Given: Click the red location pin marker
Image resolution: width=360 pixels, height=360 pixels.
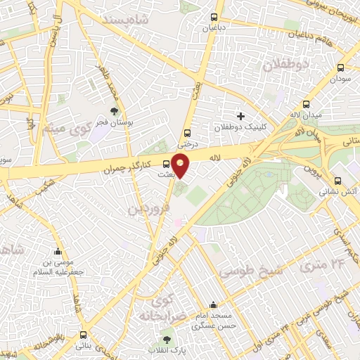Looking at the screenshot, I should pyautogui.click(x=181, y=165).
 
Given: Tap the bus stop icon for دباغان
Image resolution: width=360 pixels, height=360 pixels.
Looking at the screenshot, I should pyautogui.click(x=213, y=18).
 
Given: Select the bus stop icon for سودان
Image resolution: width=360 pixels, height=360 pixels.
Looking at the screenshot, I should pyautogui.click(x=340, y=68).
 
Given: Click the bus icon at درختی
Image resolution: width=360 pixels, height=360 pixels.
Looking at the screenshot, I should pyautogui.click(x=187, y=132).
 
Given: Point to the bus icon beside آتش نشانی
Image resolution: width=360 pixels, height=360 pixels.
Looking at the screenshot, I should pyautogui.click(x=337, y=179).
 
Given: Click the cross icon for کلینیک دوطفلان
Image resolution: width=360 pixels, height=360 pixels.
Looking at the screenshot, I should pyautogui.click(x=240, y=115).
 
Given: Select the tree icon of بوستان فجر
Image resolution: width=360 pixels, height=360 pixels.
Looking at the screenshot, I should pyautogui.click(x=114, y=111).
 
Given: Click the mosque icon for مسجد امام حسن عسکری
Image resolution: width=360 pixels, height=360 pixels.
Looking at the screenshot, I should pyautogui.click(x=213, y=307).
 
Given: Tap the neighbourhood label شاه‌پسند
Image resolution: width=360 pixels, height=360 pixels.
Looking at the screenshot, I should pyautogui.click(x=145, y=21).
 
